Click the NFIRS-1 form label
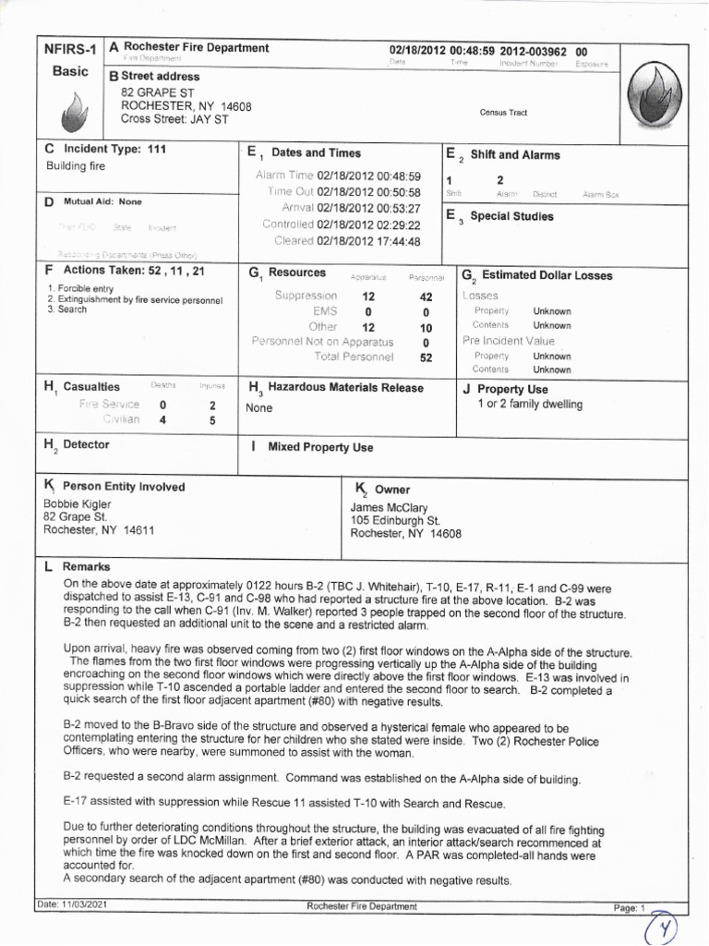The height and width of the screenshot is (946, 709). pyautogui.click(x=69, y=49)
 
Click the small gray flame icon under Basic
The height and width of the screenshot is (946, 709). pyautogui.click(x=71, y=115)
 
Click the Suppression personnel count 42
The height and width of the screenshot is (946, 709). pyautogui.click(x=426, y=297)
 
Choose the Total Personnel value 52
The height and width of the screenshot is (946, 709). pyautogui.click(x=426, y=358)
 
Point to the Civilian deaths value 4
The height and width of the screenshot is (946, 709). pyautogui.click(x=162, y=420)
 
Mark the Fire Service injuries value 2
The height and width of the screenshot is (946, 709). pyautogui.click(x=212, y=405)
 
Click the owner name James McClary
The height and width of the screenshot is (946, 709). pyautogui.click(x=389, y=507)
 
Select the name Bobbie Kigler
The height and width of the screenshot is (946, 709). pyautogui.click(x=78, y=504)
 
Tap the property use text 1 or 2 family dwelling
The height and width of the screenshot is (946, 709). pyautogui.click(x=530, y=405)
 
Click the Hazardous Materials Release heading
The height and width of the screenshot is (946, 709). pyautogui.click(x=345, y=388)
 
